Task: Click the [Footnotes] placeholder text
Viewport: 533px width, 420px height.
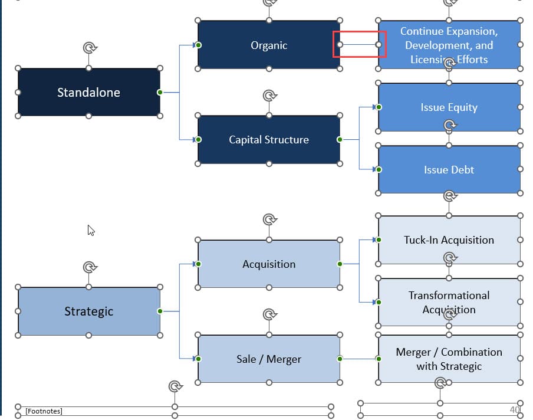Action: click(x=44, y=411)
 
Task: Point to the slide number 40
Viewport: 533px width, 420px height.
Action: click(x=515, y=409)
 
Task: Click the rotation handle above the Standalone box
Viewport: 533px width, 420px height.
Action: click(x=88, y=48)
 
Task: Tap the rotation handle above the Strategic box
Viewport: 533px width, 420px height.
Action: click(x=88, y=267)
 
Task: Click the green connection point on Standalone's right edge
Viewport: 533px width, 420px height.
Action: click(x=160, y=92)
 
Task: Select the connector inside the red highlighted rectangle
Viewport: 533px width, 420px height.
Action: click(x=359, y=45)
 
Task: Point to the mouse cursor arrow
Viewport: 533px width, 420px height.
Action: click(x=90, y=229)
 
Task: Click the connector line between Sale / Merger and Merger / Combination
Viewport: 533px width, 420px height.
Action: click(x=359, y=359)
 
